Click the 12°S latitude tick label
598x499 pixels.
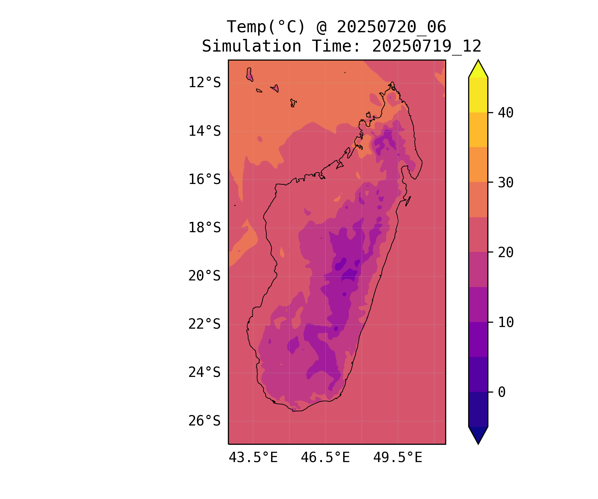204,83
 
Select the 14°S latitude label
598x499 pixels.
204,131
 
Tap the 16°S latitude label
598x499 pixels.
204,179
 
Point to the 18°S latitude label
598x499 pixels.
204,228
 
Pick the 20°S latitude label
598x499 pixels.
204,276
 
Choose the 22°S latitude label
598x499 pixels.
204,324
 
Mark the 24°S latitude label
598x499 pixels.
204,372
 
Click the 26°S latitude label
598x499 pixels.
204,421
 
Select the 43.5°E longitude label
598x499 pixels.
253,458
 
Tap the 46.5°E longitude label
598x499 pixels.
325,458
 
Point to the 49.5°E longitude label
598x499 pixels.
398,458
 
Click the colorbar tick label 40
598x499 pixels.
506,113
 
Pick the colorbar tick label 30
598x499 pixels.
506,182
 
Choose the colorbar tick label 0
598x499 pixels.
502,392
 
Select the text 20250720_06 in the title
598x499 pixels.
391,27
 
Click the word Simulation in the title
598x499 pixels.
251,46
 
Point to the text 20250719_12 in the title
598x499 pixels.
427,46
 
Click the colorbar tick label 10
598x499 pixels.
506,322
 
